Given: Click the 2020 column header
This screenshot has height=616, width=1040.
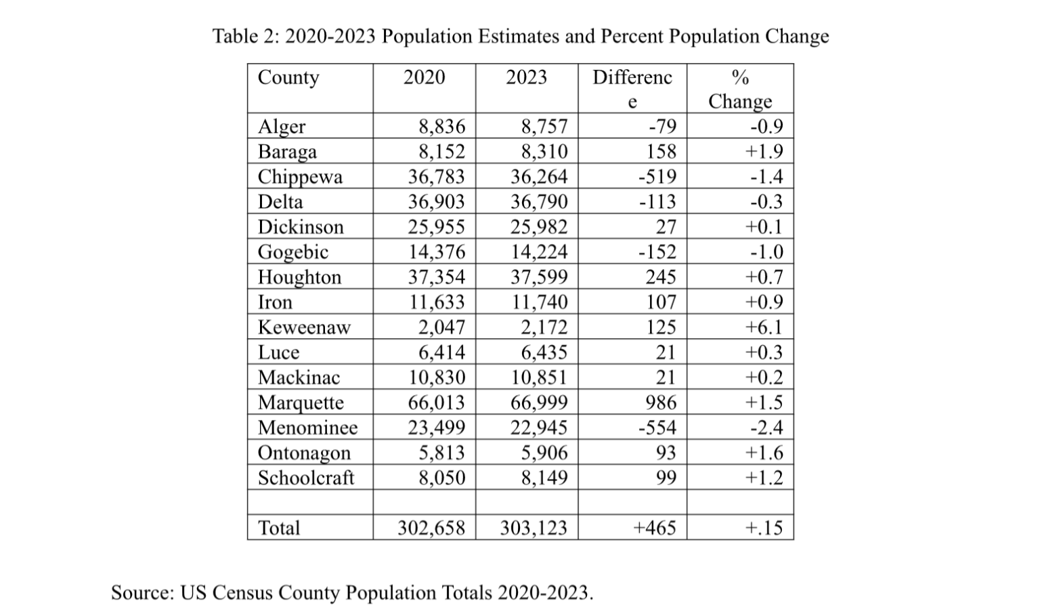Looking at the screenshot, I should tap(424, 77).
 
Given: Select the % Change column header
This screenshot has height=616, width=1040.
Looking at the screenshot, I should tap(740, 89).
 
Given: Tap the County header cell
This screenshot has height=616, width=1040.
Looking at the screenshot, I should tap(288, 77).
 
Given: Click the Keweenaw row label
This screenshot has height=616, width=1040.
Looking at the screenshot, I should tap(304, 327).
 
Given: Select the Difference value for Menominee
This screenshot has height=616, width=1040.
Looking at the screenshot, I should tap(657, 428).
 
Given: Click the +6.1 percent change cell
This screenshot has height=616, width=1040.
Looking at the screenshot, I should tap(764, 327).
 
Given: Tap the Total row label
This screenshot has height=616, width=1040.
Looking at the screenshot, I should tap(278, 527).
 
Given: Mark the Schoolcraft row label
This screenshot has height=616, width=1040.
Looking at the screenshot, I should tap(305, 478).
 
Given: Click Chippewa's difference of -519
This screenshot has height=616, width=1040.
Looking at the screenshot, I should tap(657, 177).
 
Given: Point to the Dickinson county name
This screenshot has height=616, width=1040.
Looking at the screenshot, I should tap(301, 227).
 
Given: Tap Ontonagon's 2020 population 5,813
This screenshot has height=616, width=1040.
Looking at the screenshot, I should tap(441, 453).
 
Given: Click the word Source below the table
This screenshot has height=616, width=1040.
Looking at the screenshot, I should tap(142, 592).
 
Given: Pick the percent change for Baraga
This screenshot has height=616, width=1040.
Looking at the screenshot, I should tap(764, 152).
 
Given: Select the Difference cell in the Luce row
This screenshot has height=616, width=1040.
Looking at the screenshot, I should tap(666, 352).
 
